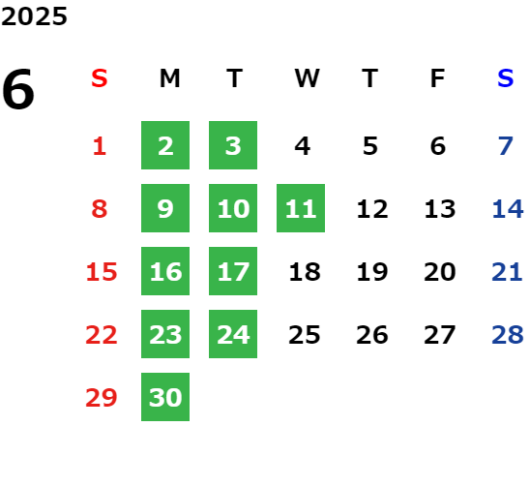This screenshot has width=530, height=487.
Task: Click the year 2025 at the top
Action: (34, 16)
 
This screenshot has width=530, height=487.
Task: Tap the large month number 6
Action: (18, 89)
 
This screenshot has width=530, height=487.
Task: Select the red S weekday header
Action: (100, 78)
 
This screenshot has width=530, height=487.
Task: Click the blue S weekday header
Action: (505, 78)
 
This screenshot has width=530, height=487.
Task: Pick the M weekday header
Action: (169, 78)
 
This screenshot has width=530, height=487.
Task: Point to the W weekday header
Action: (307, 78)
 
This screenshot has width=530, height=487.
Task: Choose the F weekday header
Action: (438, 78)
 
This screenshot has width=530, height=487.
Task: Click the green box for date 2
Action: (165, 145)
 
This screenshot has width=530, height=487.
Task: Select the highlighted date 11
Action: (301, 208)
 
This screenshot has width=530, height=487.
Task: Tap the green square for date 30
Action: (165, 397)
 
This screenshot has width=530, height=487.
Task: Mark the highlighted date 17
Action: (233, 271)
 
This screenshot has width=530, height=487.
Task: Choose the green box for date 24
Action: (233, 334)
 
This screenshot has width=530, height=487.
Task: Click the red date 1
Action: (100, 146)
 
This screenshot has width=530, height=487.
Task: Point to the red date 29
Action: (102, 398)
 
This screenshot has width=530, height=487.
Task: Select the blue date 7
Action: (506, 146)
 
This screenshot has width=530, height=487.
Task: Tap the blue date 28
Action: (508, 335)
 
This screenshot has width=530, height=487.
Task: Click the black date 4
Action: (302, 146)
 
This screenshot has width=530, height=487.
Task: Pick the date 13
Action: (440, 209)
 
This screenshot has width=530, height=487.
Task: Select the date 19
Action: (372, 272)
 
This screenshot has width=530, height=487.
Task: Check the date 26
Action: (372, 335)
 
